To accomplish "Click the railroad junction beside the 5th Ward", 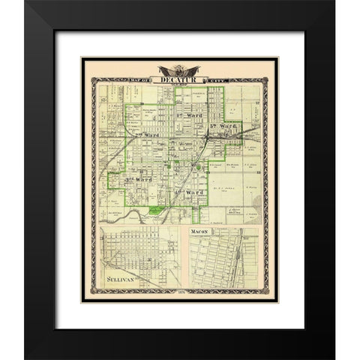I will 210,140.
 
